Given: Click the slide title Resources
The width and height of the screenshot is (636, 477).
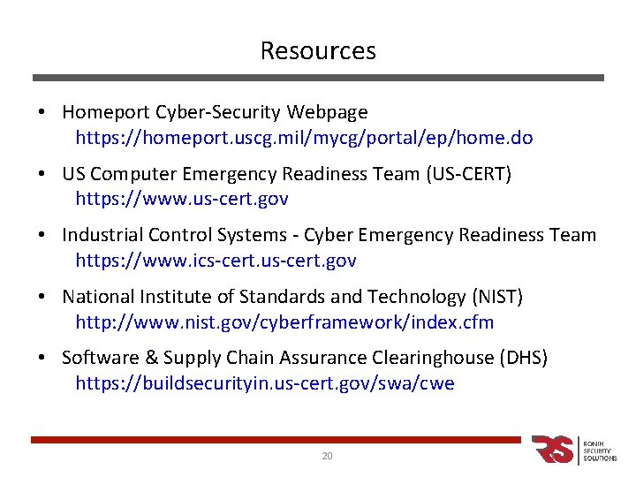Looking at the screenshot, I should click(x=318, y=51).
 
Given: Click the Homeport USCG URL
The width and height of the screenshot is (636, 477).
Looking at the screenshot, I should click(x=304, y=139).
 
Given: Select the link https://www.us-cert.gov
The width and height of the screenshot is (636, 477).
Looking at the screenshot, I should click(x=182, y=200).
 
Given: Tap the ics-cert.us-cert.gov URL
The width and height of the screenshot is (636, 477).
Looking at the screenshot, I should click(x=216, y=261).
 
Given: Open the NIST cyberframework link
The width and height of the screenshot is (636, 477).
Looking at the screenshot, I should click(x=284, y=322).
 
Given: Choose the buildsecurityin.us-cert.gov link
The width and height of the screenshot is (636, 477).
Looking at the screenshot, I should click(x=265, y=383).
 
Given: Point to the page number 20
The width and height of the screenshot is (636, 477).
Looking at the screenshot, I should click(x=327, y=456).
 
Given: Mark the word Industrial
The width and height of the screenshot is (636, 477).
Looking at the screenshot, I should click(x=100, y=235).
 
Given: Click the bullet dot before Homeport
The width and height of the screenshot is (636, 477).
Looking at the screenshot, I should click(x=42, y=113).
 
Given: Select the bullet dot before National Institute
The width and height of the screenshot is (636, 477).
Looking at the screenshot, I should click(x=42, y=297).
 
